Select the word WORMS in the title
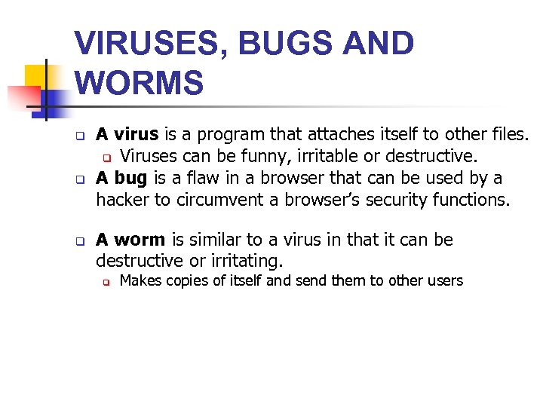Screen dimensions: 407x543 pos(140,83)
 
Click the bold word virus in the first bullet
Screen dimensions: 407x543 pos(137,135)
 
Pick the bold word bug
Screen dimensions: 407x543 pos(130,178)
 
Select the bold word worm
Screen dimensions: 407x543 pos(140,240)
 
